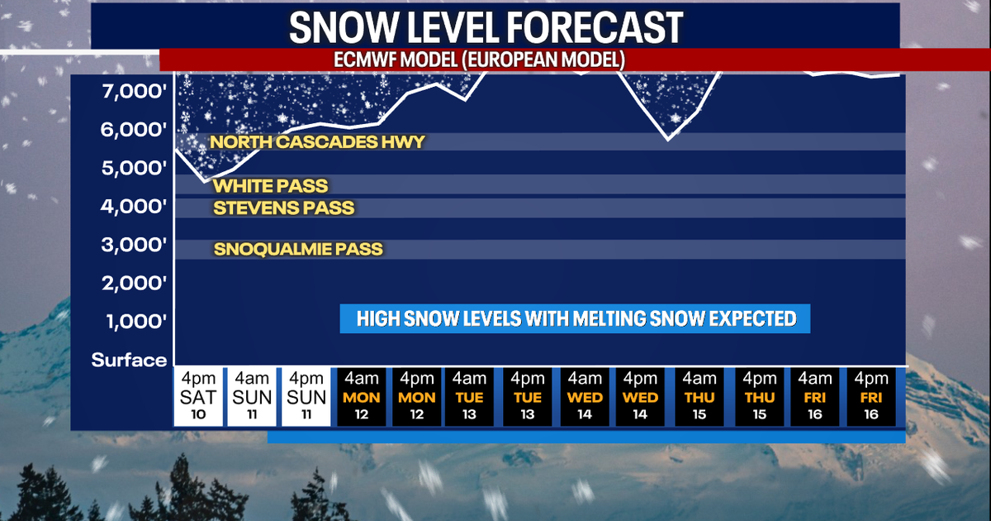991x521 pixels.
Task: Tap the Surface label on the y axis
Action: (x=129, y=360)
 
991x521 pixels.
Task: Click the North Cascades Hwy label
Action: (x=317, y=142)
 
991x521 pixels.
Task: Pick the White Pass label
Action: (x=270, y=186)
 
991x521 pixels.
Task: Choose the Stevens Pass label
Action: (x=283, y=208)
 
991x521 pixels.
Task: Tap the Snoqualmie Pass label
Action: (x=297, y=249)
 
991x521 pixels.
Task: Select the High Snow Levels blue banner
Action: (x=575, y=319)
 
